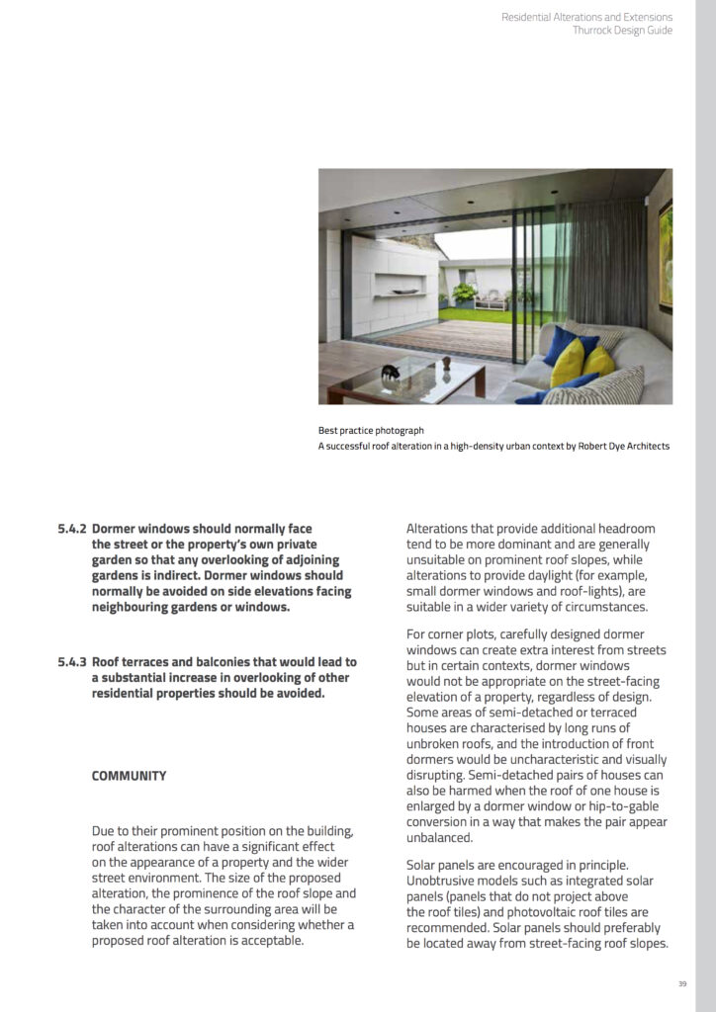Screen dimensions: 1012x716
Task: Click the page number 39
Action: [x=682, y=983]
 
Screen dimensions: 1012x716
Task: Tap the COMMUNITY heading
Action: [x=129, y=776]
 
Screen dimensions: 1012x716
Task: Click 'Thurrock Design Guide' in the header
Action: [x=622, y=31]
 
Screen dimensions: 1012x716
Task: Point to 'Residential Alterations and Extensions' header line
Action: [x=586, y=17]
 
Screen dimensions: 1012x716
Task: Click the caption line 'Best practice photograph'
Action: [x=371, y=431]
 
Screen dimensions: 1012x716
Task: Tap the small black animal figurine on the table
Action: [x=390, y=373]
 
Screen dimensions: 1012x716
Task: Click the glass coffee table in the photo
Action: [x=415, y=380]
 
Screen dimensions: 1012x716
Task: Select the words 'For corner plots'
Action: [x=450, y=634]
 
